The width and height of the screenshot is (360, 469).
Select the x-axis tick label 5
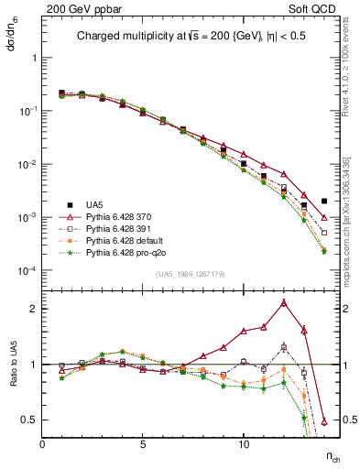pos(143,444)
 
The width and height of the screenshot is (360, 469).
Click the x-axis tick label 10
pos(244,444)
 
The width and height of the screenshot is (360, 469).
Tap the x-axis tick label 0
pos(42,444)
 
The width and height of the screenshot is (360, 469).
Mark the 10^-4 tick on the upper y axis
pos(27,271)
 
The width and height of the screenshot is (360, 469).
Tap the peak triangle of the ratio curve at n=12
pos(284,302)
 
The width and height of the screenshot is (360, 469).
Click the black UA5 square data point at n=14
pos(324,201)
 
